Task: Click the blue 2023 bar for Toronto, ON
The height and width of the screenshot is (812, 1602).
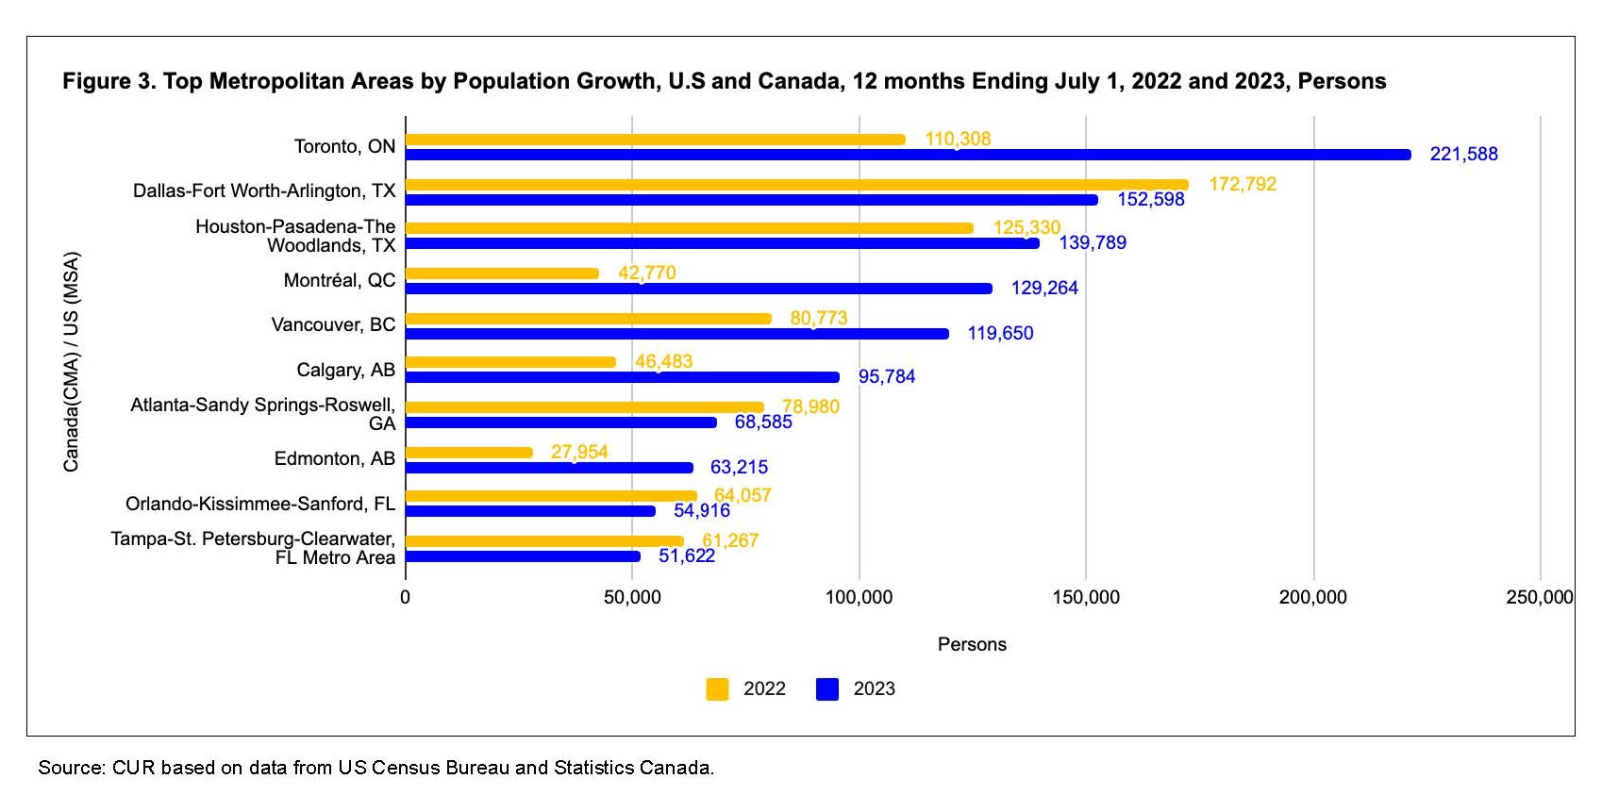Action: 908,155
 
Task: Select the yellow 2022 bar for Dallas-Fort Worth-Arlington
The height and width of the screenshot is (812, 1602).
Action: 796,185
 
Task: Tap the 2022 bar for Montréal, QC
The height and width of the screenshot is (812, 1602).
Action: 502,273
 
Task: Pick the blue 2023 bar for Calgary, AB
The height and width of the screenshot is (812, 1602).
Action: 622,377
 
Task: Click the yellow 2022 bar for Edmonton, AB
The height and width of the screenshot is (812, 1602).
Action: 469,453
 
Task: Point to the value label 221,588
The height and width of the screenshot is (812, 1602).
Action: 1463,154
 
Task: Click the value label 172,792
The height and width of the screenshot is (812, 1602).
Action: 1242,184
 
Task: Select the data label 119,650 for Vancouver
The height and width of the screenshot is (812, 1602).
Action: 1000,333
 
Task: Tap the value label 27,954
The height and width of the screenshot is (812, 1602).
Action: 579,452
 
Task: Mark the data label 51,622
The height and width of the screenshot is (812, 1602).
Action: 686,555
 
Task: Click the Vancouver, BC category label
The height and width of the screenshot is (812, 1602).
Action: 333,324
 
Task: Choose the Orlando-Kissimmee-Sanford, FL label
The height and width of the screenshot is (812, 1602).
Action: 260,504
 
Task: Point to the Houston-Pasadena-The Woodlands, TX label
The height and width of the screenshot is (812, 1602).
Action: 295,236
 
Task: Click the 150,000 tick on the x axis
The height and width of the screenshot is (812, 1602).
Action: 1086,597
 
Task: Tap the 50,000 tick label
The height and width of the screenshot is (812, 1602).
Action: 632,597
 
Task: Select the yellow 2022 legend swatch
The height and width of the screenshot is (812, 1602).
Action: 717,689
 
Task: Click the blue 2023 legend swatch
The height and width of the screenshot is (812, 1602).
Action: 827,689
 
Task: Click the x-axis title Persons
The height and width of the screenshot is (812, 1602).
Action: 972,644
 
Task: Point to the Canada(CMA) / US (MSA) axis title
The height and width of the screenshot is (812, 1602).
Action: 72,361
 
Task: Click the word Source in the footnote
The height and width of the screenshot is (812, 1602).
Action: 71,768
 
